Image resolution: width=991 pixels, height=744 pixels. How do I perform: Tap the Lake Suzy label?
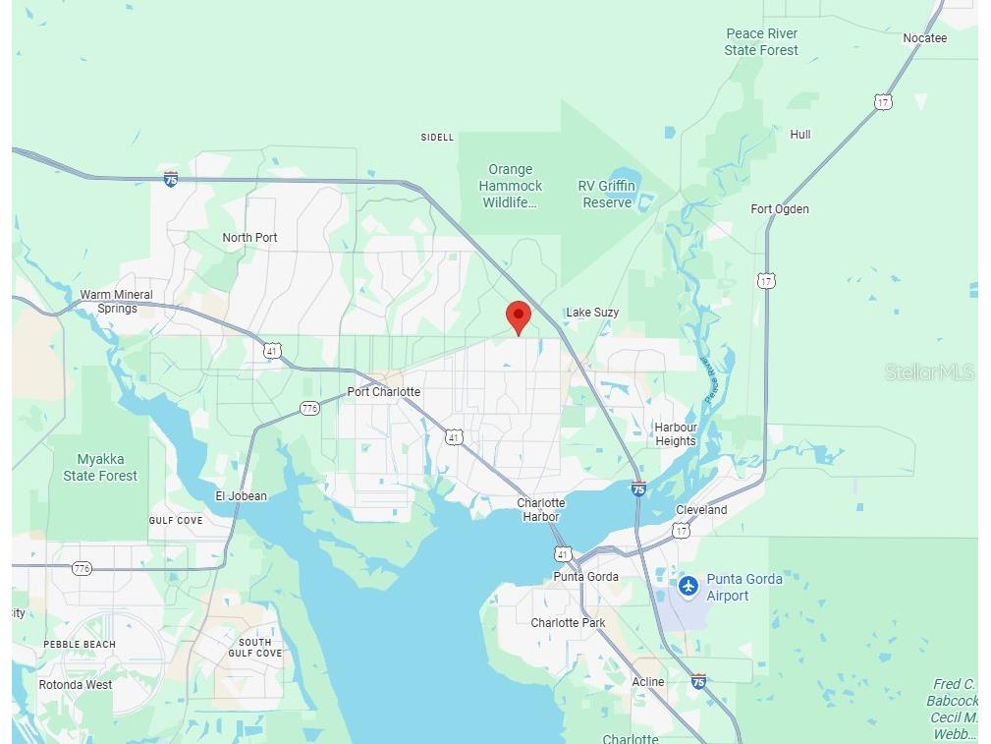592,313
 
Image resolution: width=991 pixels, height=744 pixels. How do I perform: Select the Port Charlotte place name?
383,392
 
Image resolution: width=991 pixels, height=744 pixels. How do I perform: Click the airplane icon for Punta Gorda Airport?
688,587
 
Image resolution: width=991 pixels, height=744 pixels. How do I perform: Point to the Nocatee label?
924,38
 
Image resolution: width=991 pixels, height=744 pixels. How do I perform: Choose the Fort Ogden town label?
780,209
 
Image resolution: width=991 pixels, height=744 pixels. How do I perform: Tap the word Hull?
800,135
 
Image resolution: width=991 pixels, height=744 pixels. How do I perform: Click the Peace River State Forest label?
761,42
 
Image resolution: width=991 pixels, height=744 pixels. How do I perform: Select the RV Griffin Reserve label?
607,195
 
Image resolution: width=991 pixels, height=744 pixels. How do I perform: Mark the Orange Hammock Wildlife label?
511,186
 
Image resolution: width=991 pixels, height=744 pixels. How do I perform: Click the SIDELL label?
437,138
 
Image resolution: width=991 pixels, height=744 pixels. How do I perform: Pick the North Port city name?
249,238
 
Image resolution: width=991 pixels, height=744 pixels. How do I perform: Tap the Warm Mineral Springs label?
117,302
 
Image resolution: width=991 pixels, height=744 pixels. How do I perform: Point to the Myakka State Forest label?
100,468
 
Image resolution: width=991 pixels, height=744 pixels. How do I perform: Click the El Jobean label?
241,496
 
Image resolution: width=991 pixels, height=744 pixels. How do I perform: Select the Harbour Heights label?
676,434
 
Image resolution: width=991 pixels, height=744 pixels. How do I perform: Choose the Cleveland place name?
701,510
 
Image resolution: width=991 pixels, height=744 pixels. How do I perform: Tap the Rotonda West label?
76,685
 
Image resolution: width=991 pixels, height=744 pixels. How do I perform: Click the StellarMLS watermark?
929,372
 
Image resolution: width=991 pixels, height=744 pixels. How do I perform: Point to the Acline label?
648,682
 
